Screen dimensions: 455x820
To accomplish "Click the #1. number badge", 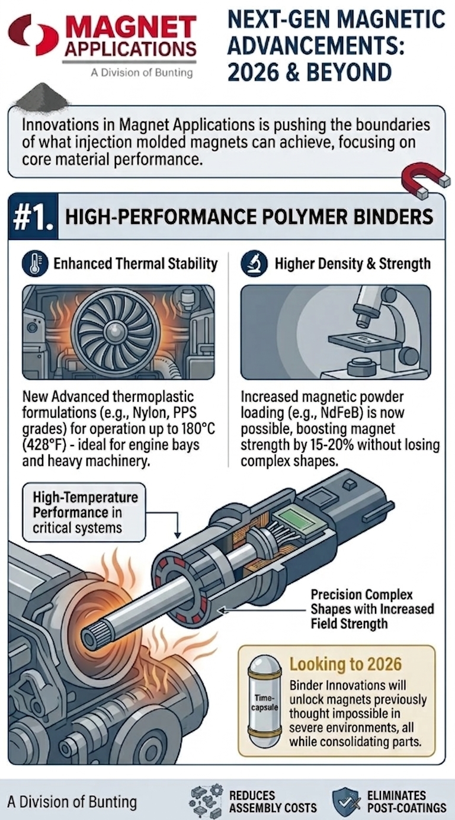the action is click(33, 217).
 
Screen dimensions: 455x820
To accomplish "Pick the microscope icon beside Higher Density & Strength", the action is click(254, 263).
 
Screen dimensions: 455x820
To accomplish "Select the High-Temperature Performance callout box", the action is click(84, 512).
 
